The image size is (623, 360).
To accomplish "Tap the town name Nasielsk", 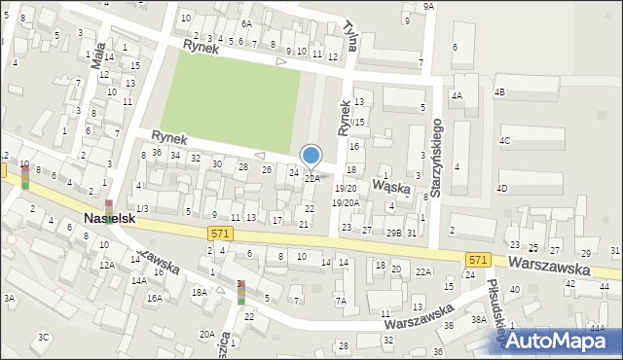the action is pos(108,220).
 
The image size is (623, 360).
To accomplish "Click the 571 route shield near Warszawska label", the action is pos(477,260).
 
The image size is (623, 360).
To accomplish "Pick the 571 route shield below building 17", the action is pos(220,233).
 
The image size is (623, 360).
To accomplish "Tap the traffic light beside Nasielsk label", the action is pos(110,205).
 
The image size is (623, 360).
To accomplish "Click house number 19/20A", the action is pos(346,202).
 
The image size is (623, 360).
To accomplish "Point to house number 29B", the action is pos(393,233).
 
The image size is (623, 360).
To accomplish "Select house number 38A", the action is pos(478,319).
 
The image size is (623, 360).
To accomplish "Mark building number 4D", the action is pos(502,187).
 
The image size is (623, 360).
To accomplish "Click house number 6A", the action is pos(246,23).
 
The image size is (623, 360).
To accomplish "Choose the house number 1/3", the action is pos(142,208).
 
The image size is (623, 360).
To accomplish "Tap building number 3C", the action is pos(43,337).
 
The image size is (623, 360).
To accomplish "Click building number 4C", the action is pos(504,140).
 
